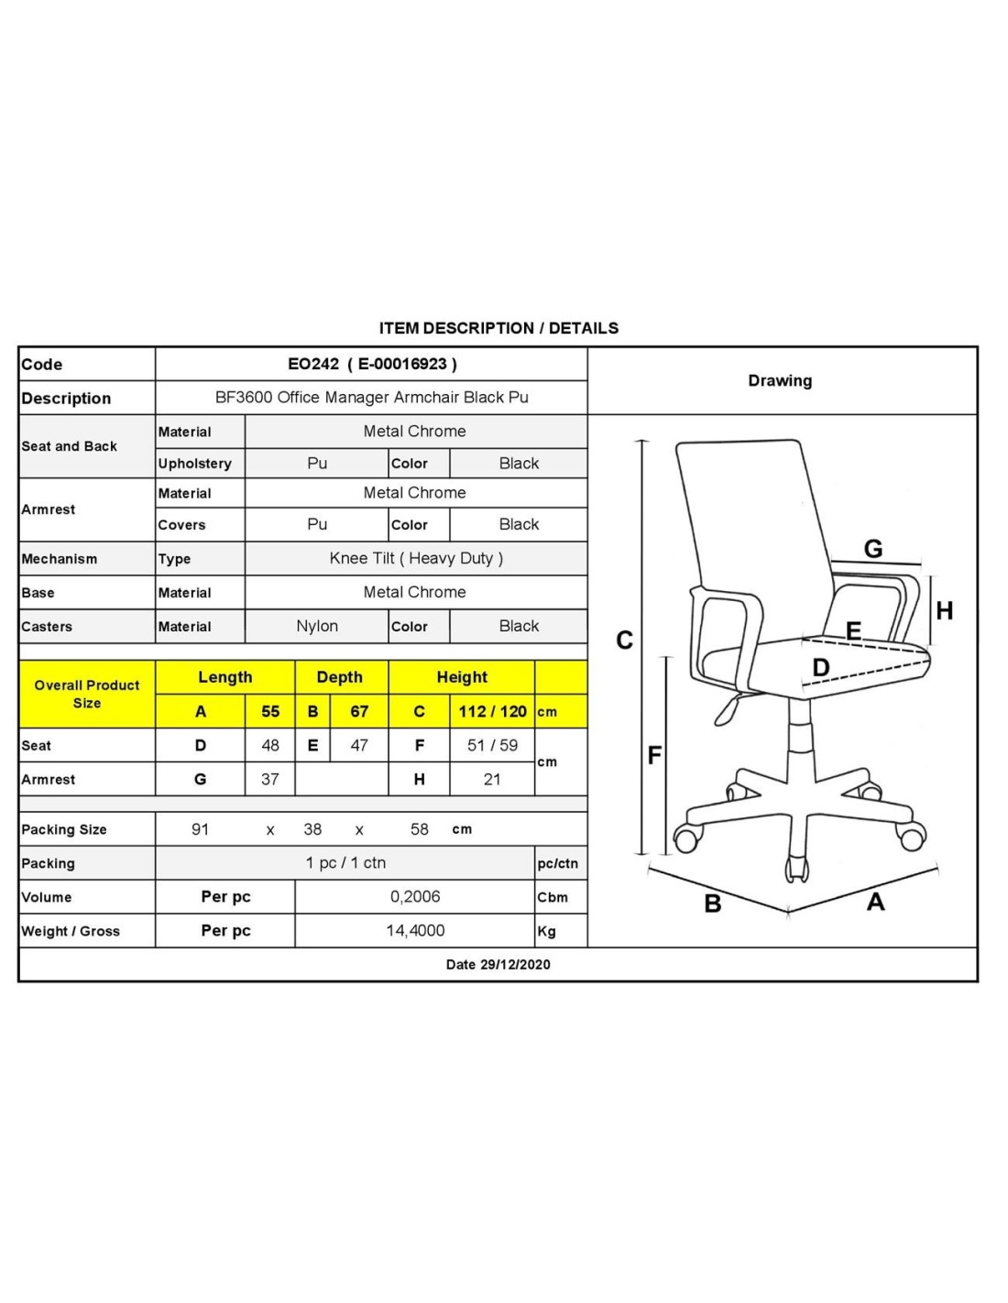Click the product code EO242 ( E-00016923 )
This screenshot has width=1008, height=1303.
tap(372, 364)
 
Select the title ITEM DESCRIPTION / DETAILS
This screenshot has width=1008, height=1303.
tap(499, 328)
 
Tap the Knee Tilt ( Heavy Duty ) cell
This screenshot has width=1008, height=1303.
tap(416, 558)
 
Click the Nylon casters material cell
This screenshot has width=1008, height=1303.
tap(317, 626)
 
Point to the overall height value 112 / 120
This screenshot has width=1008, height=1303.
tap(492, 711)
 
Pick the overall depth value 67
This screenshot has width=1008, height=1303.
tap(359, 711)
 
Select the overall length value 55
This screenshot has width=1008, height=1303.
tap(270, 711)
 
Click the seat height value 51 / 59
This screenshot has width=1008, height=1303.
tap(492, 745)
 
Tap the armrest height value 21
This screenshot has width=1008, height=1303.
tap(492, 779)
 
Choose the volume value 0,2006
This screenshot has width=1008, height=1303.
tap(415, 896)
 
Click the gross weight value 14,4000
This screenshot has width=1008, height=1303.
tap(415, 930)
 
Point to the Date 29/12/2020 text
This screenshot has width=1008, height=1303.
tap(498, 964)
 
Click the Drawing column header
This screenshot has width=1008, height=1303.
tap(780, 380)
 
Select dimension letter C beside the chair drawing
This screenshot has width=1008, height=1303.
tap(625, 640)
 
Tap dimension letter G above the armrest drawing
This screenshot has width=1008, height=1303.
tap(873, 548)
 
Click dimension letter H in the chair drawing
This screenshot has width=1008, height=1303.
tap(945, 610)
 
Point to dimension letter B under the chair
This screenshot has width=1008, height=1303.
tap(713, 903)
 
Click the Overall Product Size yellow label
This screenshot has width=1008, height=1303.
tap(87, 694)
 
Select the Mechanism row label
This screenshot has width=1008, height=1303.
tap(60, 559)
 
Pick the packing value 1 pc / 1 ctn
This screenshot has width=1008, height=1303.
tap(345, 862)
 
